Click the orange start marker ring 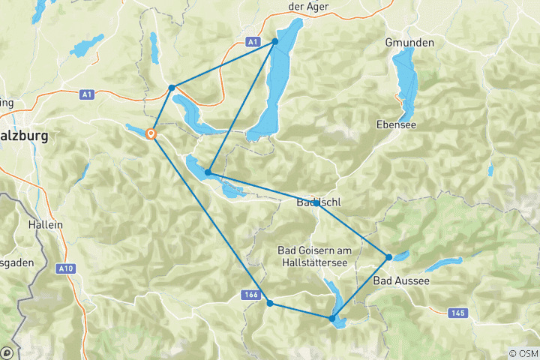click(151, 135)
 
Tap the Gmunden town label click(409, 43)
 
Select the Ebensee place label click(397, 124)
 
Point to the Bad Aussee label click(401, 280)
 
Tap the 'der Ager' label click(309, 7)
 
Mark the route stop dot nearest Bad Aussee click(388, 257)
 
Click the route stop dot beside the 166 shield click(270, 303)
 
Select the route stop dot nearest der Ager click(275, 41)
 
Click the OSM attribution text click(523, 353)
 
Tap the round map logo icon click(7, 352)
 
